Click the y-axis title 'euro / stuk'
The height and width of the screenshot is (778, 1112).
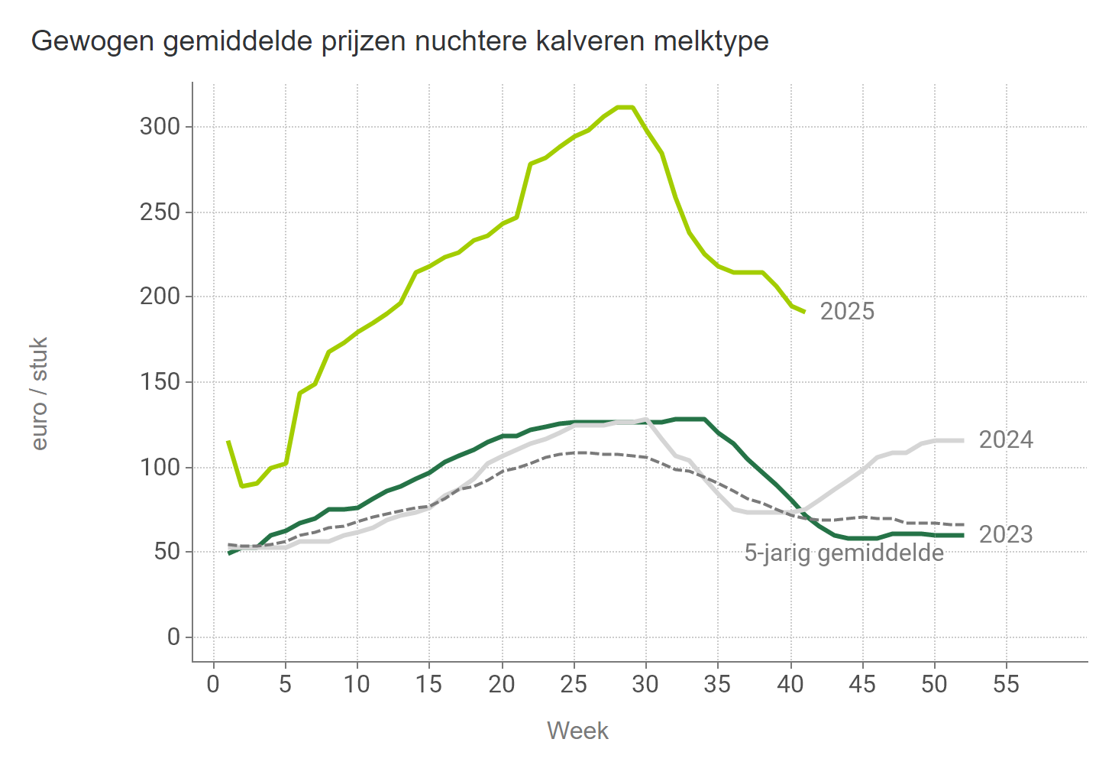(x=40, y=394)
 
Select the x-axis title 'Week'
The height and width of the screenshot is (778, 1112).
(x=577, y=731)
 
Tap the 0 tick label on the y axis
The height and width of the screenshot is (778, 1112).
(x=173, y=637)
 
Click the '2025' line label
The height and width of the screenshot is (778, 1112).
(x=847, y=312)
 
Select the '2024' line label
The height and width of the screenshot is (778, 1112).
(x=1006, y=440)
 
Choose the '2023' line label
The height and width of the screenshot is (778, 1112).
(x=1006, y=535)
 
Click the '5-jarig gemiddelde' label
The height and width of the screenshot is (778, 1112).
(x=844, y=553)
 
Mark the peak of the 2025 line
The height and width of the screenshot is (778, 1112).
(x=625, y=107)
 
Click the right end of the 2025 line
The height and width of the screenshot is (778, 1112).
(x=804, y=311)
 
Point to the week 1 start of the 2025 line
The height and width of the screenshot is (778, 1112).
(x=228, y=442)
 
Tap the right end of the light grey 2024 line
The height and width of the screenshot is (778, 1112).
(x=962, y=440)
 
